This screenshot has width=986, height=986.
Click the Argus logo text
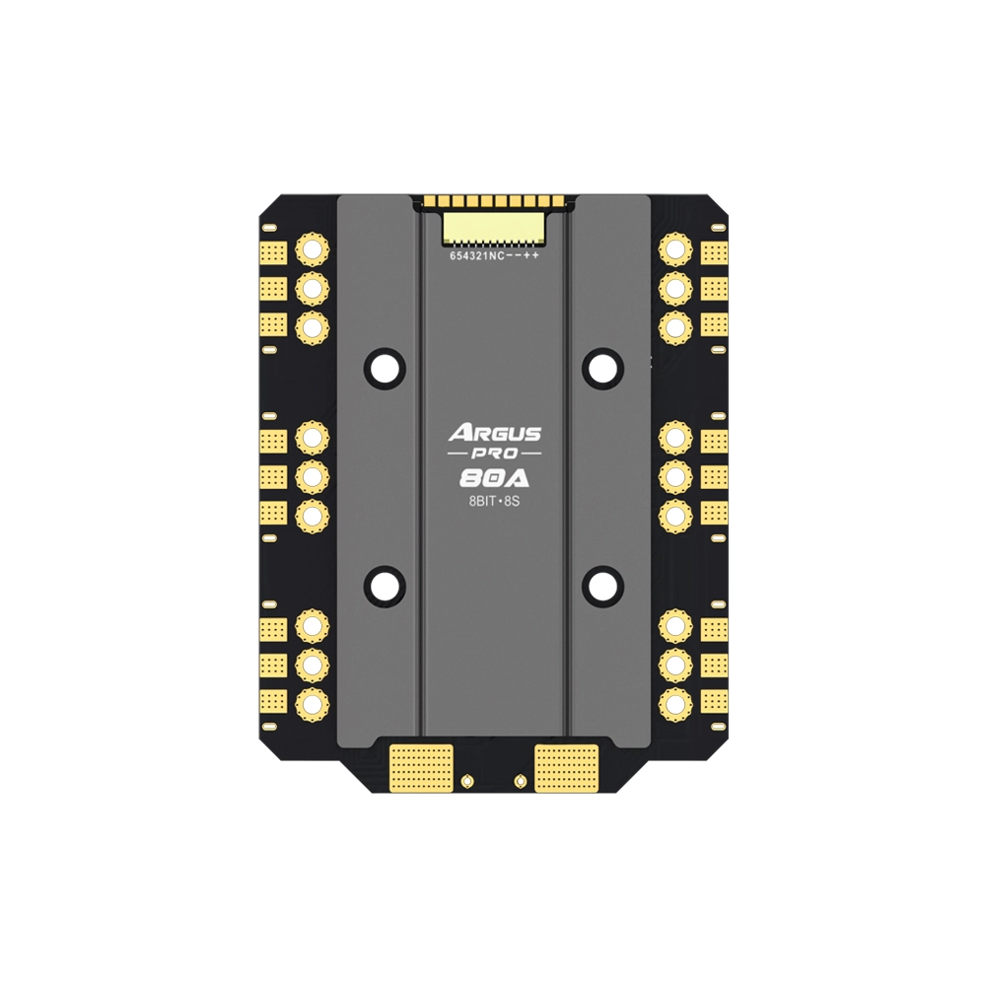pos(494,433)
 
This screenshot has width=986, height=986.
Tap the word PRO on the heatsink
pos(494,454)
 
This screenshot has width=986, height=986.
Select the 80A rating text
pos(494,479)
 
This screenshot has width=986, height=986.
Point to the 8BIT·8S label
pos(494,503)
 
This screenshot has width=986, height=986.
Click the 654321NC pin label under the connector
pos(477,256)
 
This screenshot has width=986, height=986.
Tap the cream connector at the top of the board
pos(494,227)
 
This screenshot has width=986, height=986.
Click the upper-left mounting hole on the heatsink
pos(385,367)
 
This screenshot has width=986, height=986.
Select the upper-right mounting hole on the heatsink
pos(603,367)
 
